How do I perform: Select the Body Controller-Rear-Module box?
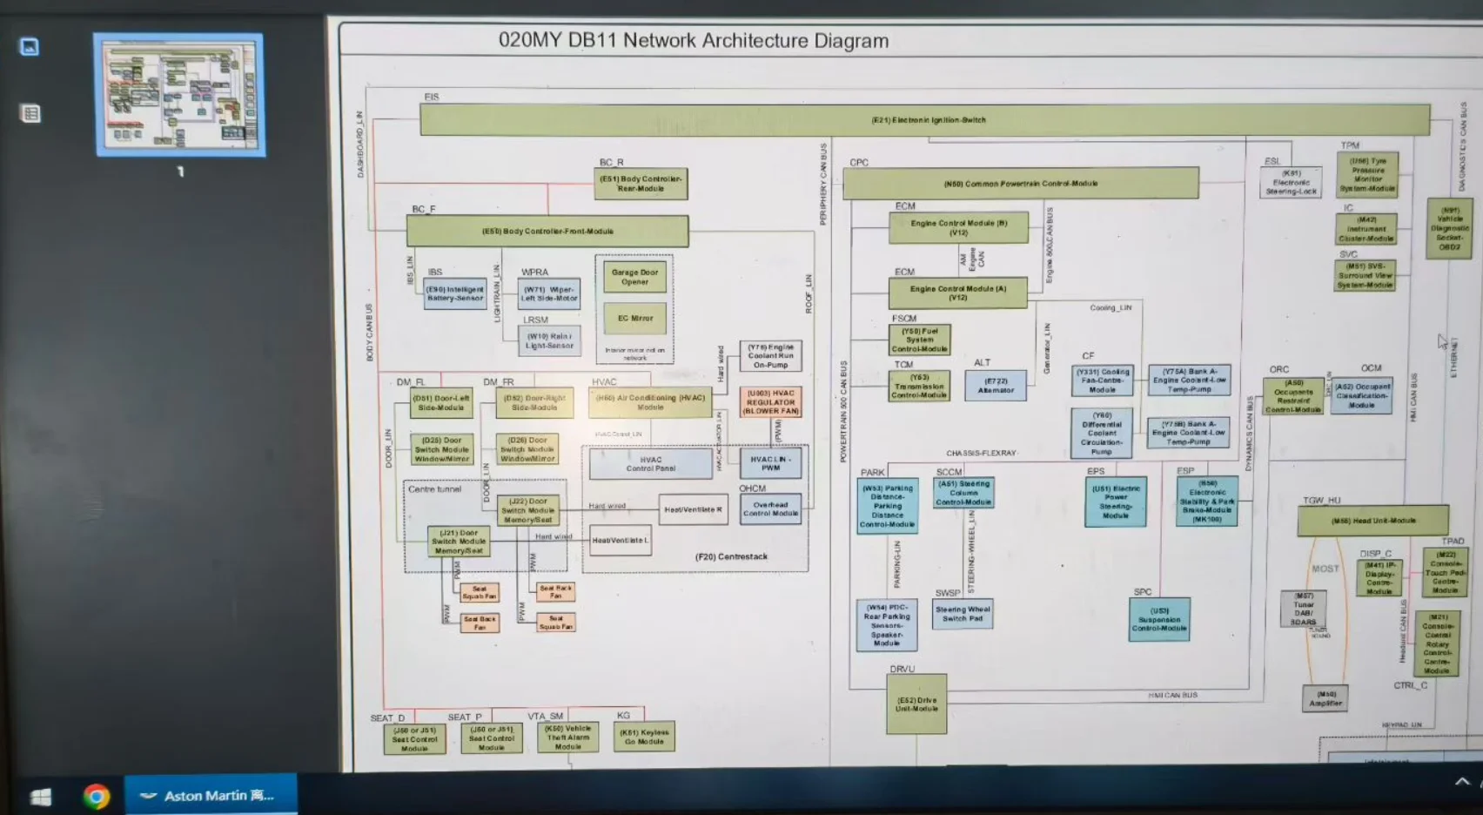click(641, 184)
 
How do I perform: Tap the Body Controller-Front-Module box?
click(547, 232)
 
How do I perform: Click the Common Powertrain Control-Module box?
click(1020, 184)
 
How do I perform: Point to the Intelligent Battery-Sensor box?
click(455, 294)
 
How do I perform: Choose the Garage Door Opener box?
click(634, 277)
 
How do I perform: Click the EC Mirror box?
click(634, 319)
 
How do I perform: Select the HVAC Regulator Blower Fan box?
click(771, 402)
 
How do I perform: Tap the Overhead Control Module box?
click(770, 509)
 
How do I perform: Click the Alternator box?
click(996, 386)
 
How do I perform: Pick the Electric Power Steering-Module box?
click(1116, 502)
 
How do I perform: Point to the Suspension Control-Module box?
click(1159, 620)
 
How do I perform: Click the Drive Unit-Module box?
click(916, 704)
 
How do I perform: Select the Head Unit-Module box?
click(1372, 521)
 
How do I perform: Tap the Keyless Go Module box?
click(644, 737)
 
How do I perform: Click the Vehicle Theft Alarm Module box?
click(567, 737)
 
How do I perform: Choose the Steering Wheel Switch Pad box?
click(963, 614)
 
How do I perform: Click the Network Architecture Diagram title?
click(693, 41)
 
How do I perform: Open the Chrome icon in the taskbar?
click(96, 796)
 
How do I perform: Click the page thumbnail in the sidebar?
click(179, 95)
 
